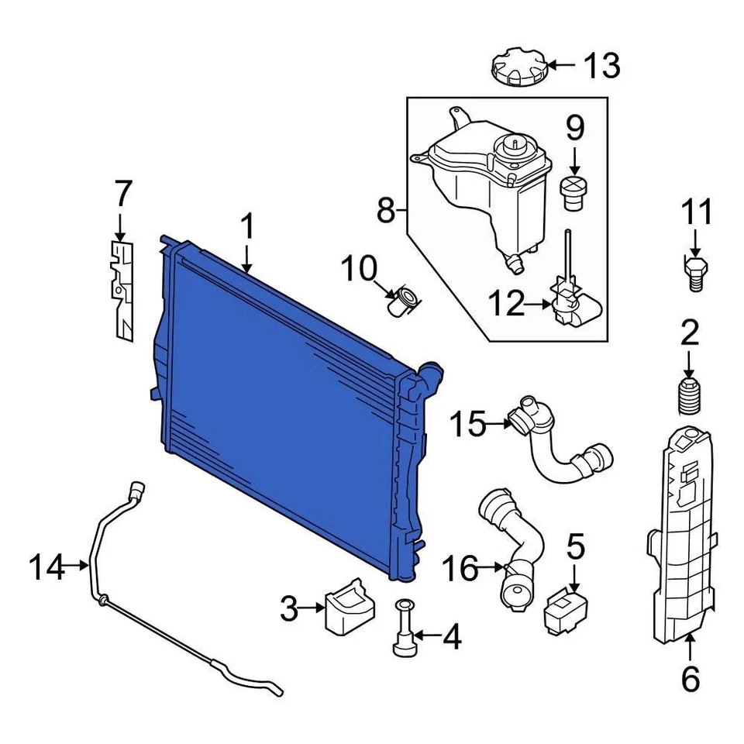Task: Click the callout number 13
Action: pyautogui.click(x=601, y=67)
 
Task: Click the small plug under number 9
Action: pyautogui.click(x=574, y=192)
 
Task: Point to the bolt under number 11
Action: pyautogui.click(x=694, y=272)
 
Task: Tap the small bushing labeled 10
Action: pyautogui.click(x=404, y=299)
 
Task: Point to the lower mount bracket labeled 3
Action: pyautogui.click(x=349, y=604)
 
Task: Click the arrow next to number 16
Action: pyautogui.click(x=493, y=569)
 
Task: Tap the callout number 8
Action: pyautogui.click(x=386, y=209)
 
